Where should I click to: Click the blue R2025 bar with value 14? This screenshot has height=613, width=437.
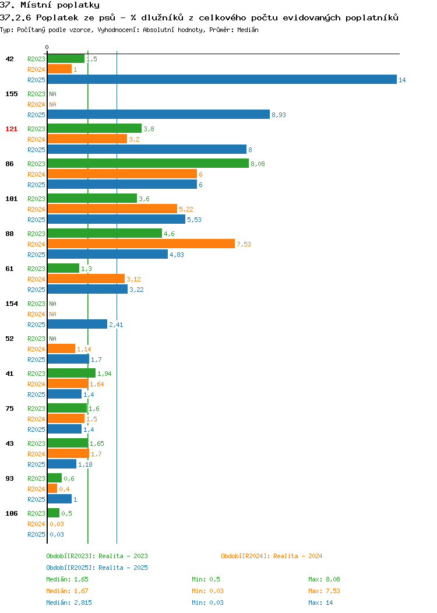pyautogui.click(x=222, y=79)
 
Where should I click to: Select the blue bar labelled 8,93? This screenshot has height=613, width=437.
pyautogui.click(x=158, y=114)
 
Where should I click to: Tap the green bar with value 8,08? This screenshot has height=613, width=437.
pyautogui.click(x=148, y=163)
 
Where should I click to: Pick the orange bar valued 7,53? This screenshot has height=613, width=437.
pyautogui.click(x=141, y=244)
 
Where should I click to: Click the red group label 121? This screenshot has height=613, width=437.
pyautogui.click(x=11, y=129)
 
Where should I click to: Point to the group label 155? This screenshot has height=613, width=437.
pyautogui.click(x=11, y=94)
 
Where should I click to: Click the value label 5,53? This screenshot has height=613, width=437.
pyautogui.click(x=194, y=220)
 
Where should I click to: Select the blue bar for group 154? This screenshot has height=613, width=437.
pyautogui.click(x=77, y=324)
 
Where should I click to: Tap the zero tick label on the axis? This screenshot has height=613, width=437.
pyautogui.click(x=47, y=47)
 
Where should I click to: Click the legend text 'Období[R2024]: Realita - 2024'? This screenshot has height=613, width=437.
pyautogui.click(x=272, y=556)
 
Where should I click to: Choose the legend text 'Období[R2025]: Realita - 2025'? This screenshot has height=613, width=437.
pyautogui.click(x=97, y=568)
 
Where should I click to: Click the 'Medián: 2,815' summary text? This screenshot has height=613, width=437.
pyautogui.click(x=69, y=603)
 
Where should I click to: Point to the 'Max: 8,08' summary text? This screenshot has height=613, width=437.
pyautogui.click(x=324, y=579)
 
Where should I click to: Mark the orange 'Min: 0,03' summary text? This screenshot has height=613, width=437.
pyautogui.click(x=207, y=591)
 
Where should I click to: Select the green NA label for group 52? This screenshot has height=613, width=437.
pyautogui.click(x=53, y=339)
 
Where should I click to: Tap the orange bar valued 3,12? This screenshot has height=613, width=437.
pyautogui.click(x=86, y=279)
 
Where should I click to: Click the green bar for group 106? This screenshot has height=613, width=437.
pyautogui.click(x=54, y=513)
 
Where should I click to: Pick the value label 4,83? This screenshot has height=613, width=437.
pyautogui.click(x=177, y=255)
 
